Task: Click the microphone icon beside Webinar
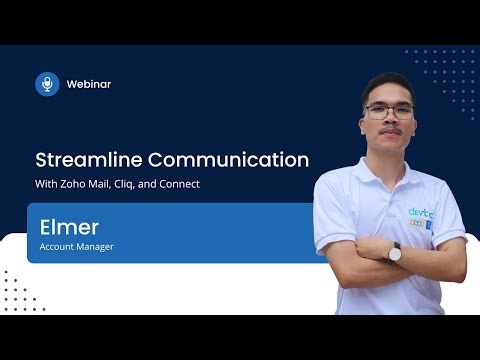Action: coord(47,84)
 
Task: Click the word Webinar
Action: coord(89,84)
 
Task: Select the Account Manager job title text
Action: coord(77,246)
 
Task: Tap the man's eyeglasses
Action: coord(388,111)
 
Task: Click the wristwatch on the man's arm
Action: coord(394,252)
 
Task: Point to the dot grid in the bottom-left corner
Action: coord(21,290)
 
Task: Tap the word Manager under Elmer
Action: coord(95,246)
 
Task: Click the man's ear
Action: coord(414,115)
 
